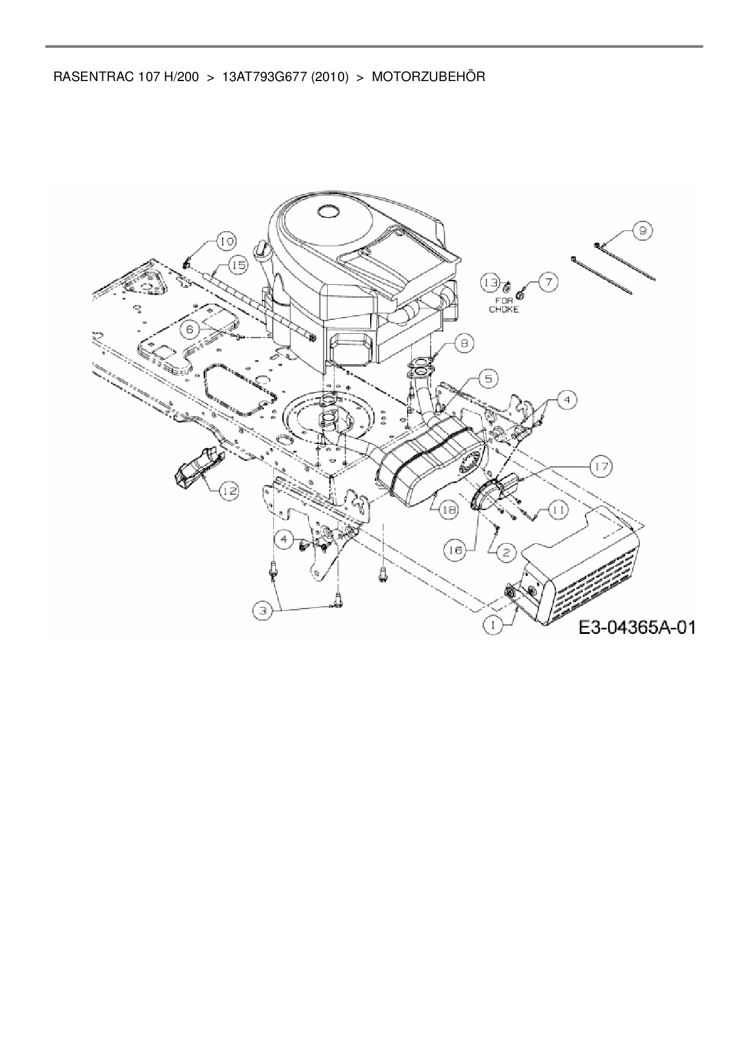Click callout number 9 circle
pos(642,230)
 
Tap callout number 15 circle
pos(238,264)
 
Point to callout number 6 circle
pos(190,329)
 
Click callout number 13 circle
pos(491,282)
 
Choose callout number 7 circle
pos(548,282)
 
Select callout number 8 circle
pos(464,344)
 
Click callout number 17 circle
pos(602,466)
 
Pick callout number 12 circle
pos(228,491)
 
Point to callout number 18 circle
pos(448,510)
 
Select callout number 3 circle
pos(262,611)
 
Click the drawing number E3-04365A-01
pos(636,628)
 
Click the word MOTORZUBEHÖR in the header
pos(428,77)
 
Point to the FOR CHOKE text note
pos(504,305)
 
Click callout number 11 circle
pos(558,510)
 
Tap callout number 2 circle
pos(506,551)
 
